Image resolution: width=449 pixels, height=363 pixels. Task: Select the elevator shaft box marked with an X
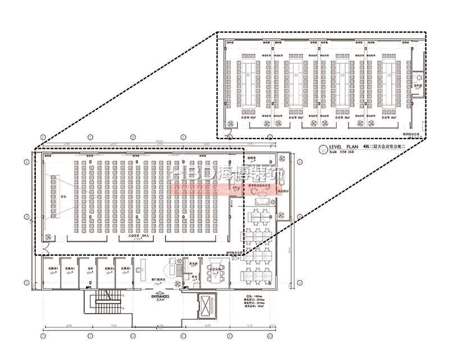[207, 306]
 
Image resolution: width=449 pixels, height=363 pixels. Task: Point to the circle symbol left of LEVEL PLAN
[323, 149]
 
